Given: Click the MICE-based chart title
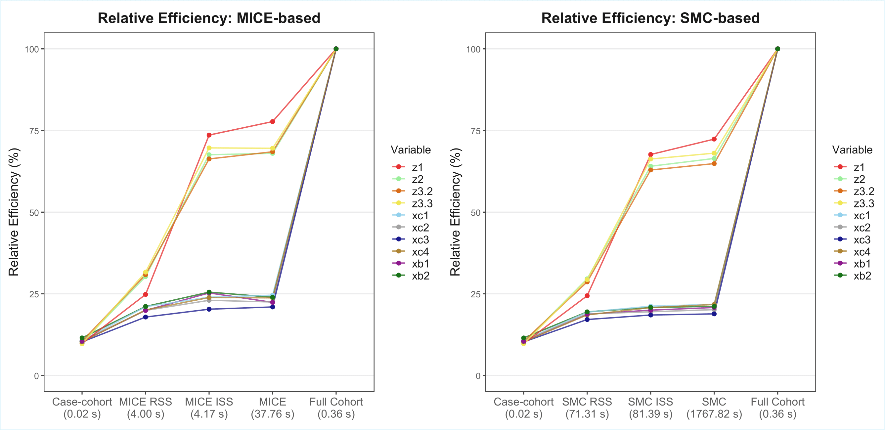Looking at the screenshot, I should [x=209, y=18].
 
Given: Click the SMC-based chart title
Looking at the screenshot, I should [x=650, y=18].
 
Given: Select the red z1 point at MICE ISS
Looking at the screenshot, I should [x=209, y=135].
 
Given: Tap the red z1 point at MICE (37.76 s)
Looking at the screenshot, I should [x=272, y=122].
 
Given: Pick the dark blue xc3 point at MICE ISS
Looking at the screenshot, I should [x=209, y=309].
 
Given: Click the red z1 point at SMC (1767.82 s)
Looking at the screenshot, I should [x=714, y=139].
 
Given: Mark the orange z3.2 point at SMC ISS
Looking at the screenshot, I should [x=650, y=170].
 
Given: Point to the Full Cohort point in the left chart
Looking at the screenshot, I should [x=336, y=49].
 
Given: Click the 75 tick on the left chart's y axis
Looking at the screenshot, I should [x=34, y=131].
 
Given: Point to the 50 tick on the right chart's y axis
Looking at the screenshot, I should [x=475, y=212].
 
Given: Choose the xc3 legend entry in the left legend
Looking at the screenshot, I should [x=412, y=239].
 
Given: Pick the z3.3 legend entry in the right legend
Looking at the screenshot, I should [x=856, y=203].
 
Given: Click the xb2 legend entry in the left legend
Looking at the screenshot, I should [x=412, y=276].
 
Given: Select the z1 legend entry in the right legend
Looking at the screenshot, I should [x=852, y=167].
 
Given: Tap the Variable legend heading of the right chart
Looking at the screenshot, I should [x=852, y=150].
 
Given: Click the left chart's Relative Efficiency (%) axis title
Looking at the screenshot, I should [x=14, y=212].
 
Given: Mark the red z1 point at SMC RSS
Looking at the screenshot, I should [x=587, y=296].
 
